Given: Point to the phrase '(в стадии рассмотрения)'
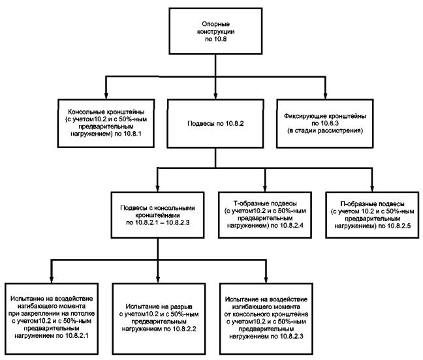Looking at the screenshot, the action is [325, 130].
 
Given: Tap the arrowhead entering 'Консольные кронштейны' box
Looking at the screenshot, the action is [106, 96].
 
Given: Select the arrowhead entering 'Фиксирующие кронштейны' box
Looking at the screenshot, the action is [325, 96].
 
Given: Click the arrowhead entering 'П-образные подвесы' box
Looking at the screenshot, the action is [372, 188].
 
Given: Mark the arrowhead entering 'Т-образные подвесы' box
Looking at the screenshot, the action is [265, 188].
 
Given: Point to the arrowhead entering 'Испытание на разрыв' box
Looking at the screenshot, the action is [158, 280].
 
